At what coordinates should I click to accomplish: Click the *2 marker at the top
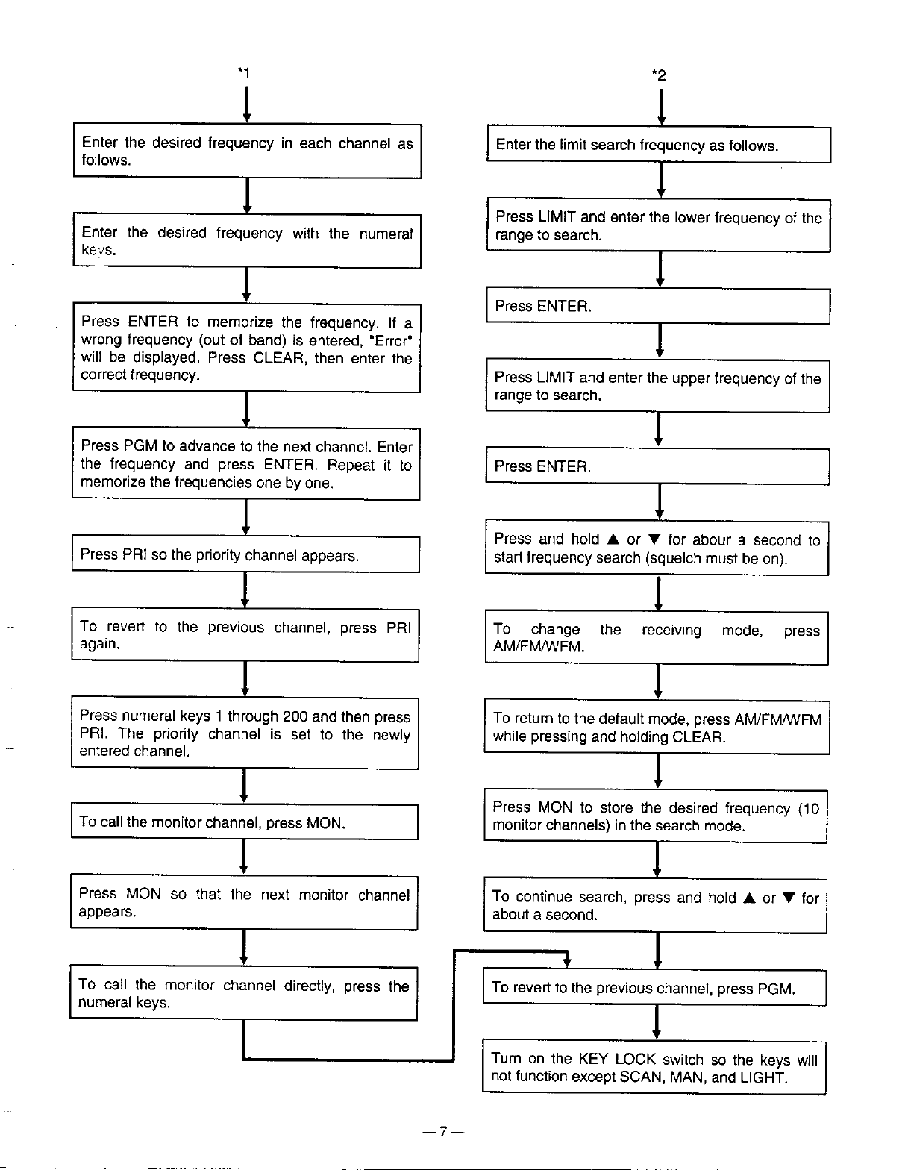pos(659,75)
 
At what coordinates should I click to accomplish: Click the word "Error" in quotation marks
pos(392,341)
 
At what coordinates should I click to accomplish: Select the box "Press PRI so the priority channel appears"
pos(245,554)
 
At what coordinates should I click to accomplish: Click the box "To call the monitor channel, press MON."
pos(244,822)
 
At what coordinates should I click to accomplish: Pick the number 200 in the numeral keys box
pos(295,717)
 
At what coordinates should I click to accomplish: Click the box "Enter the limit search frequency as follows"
pos(659,146)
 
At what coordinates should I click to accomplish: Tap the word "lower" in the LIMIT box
pos(692,218)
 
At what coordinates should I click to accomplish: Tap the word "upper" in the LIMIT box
pos(691,378)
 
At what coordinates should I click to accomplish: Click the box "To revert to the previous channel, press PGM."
pos(654,989)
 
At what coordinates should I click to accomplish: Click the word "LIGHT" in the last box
pos(762,1077)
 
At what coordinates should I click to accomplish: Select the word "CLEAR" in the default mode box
pos(698,737)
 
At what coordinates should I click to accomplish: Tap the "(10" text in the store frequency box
pos(808,808)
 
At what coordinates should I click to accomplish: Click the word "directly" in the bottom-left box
pos(308,986)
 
